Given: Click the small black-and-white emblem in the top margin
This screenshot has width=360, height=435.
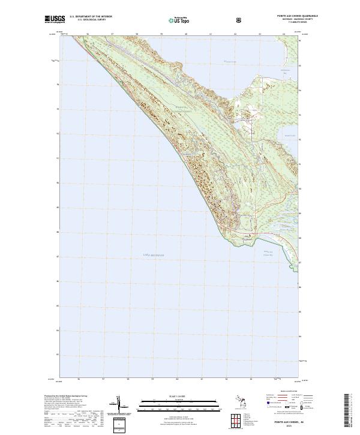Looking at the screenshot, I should [240, 20].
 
